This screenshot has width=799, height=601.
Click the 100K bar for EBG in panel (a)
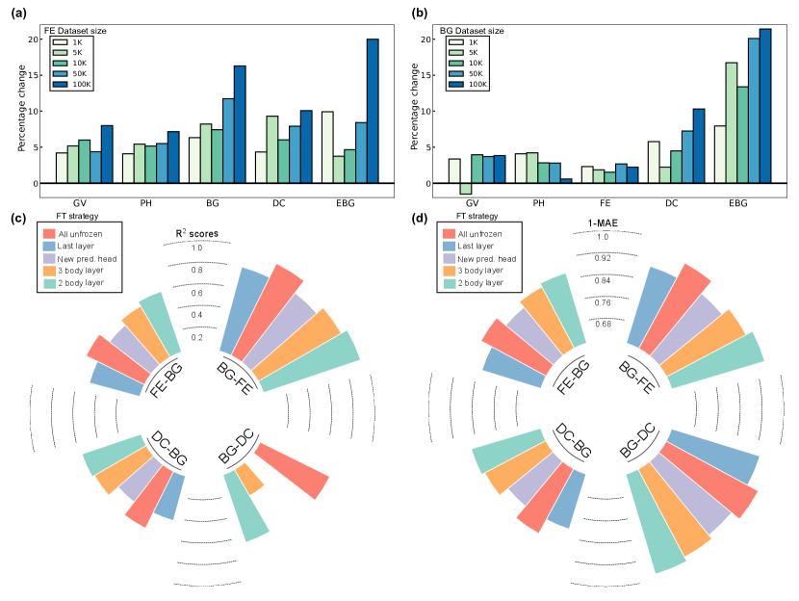373,111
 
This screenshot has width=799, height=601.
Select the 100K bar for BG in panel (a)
240,124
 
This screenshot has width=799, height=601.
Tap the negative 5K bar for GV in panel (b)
466,189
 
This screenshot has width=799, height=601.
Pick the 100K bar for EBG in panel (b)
765,106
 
